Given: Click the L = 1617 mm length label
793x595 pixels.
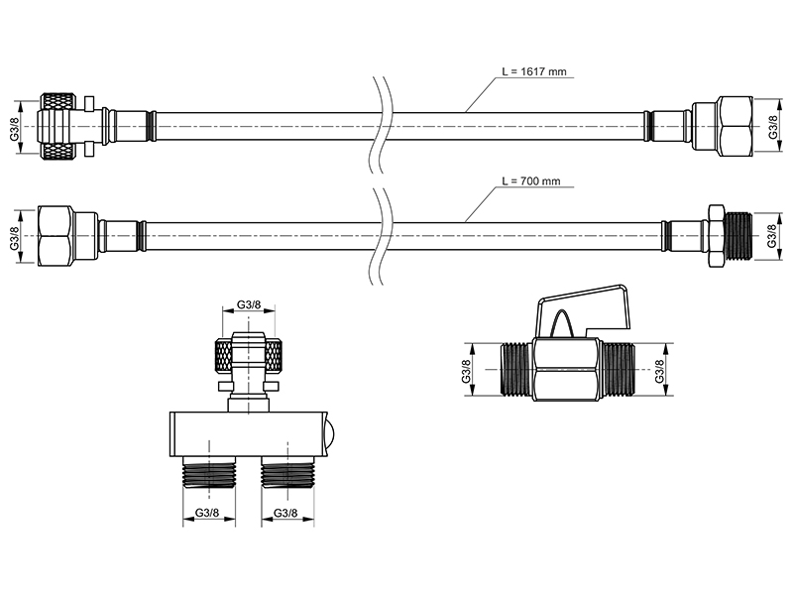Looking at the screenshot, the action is tap(534, 71).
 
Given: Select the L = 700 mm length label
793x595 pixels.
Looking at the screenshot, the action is tap(531, 180).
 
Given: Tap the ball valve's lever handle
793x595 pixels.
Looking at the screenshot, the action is tap(584, 308).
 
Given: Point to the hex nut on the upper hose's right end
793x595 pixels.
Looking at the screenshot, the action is tap(735, 126).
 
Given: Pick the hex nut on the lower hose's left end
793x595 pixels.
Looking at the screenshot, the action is tap(56, 236).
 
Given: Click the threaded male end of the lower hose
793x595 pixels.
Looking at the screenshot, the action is tap(738, 236).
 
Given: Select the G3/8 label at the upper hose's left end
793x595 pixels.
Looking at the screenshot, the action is tap(14, 127).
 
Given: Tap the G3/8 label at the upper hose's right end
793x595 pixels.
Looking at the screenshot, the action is tap(773, 126).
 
